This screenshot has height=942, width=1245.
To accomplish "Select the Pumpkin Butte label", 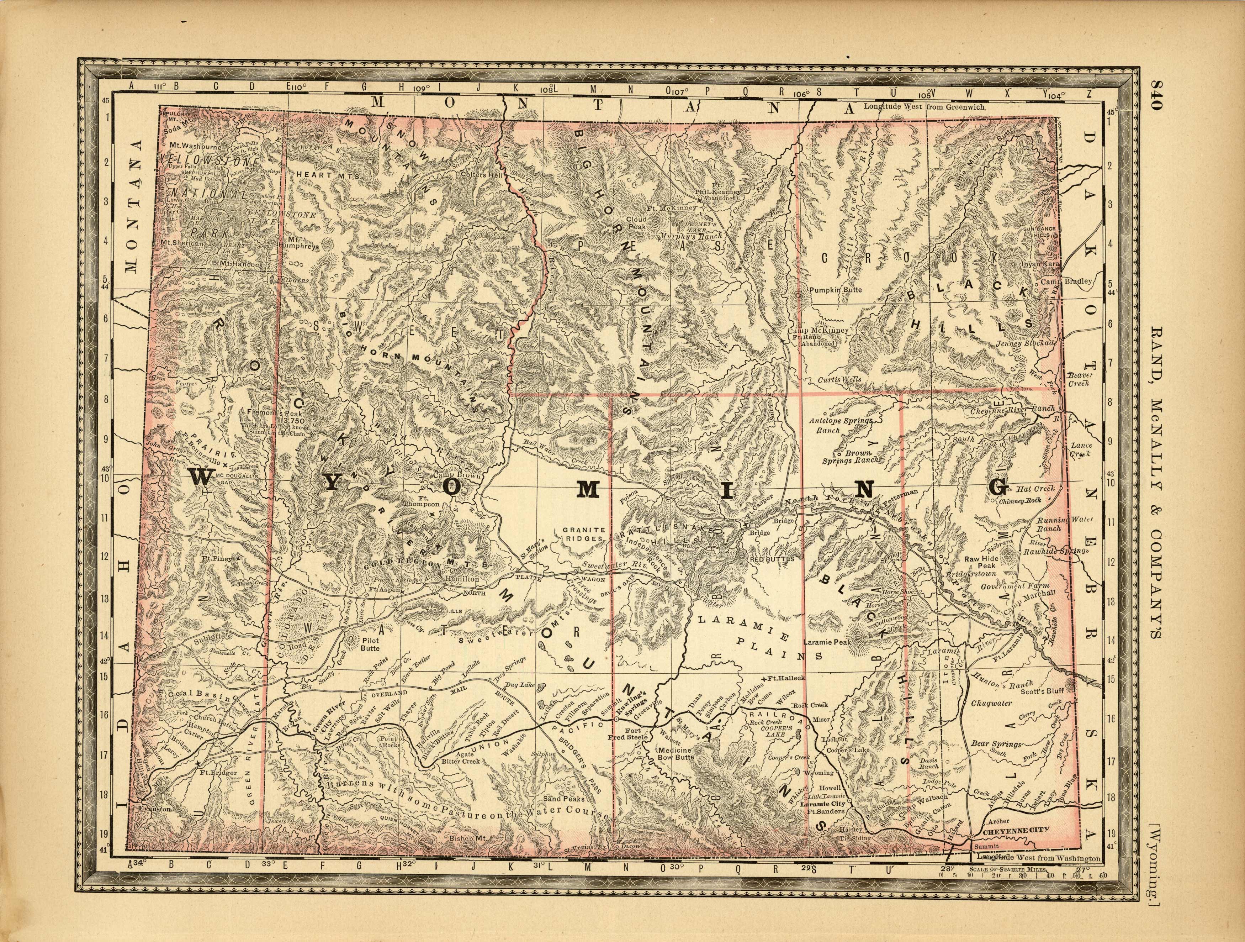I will [x=835, y=290].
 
